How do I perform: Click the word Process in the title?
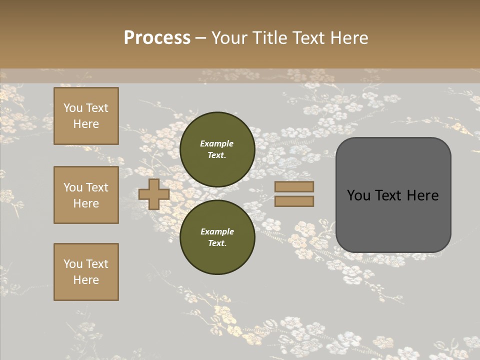click(157, 38)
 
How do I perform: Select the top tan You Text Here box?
click(86, 116)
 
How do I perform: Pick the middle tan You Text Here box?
click(86, 195)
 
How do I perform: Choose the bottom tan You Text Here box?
click(86, 272)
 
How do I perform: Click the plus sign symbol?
click(154, 194)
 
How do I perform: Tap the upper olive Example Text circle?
click(217, 149)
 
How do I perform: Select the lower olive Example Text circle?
click(217, 237)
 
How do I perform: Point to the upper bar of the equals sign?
click(294, 187)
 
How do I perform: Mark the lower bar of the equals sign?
click(294, 201)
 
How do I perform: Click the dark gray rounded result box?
click(393, 220)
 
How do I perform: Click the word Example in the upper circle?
click(217, 144)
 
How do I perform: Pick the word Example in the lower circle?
click(217, 232)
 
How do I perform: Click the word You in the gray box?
click(358, 195)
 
